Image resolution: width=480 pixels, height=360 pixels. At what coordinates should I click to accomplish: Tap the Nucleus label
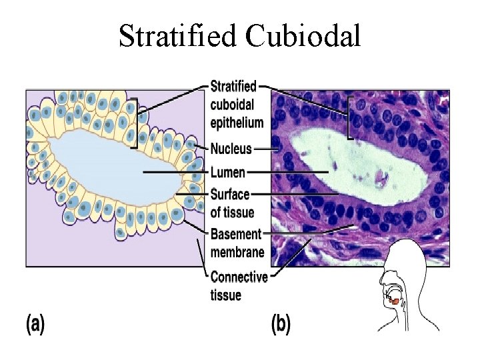tap(231, 148)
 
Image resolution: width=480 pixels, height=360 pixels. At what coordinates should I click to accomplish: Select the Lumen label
tap(227, 172)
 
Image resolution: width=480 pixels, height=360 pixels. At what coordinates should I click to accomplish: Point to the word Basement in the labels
tap(235, 235)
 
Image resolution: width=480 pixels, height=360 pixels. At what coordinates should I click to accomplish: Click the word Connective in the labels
tap(239, 277)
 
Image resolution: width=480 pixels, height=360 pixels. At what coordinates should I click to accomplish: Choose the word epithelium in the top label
tap(237, 122)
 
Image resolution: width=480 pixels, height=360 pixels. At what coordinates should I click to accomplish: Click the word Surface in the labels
tap(229, 195)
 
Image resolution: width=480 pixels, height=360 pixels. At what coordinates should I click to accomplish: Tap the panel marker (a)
tap(35, 325)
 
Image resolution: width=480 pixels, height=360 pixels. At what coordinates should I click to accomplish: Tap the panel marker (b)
tap(281, 325)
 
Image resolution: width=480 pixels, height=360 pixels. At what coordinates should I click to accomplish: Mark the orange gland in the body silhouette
tap(395, 301)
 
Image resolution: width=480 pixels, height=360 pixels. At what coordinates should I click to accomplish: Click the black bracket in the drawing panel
tap(135, 123)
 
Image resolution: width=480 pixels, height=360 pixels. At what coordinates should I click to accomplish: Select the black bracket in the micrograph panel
tap(349, 118)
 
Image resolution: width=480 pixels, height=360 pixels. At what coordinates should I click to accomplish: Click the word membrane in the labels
tap(237, 252)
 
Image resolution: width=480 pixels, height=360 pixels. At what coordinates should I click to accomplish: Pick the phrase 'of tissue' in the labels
tap(232, 213)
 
